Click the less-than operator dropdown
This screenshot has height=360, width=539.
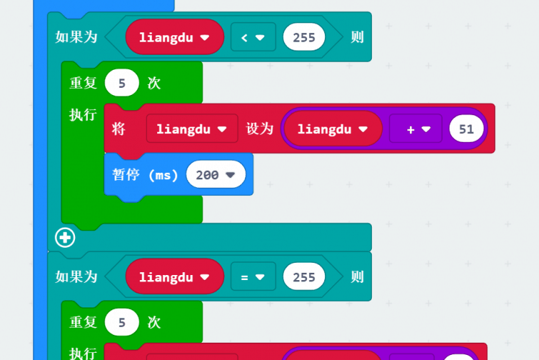click(x=253, y=37)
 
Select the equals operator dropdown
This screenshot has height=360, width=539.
click(x=253, y=276)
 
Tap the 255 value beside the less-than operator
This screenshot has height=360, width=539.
click(x=304, y=37)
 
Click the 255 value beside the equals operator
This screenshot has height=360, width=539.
click(x=304, y=276)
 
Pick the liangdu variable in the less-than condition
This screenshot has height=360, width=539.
click(x=174, y=37)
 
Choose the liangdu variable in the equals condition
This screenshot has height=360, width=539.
click(x=174, y=276)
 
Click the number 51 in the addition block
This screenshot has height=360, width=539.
click(x=465, y=129)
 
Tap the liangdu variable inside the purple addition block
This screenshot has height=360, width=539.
click(x=331, y=129)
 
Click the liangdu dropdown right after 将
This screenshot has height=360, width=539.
click(x=192, y=129)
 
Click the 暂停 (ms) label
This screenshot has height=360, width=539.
click(x=146, y=174)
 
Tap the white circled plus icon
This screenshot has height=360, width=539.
click(x=65, y=237)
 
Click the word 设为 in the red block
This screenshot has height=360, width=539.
click(x=259, y=129)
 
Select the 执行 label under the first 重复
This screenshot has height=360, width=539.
click(x=83, y=115)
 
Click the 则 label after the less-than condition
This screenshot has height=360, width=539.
click(x=357, y=37)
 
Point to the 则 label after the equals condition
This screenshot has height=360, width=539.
click(x=357, y=276)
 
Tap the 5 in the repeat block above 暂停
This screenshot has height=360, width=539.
click(x=122, y=83)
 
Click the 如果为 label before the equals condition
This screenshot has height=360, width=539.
click(x=76, y=276)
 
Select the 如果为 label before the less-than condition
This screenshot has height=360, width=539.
click(x=76, y=37)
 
